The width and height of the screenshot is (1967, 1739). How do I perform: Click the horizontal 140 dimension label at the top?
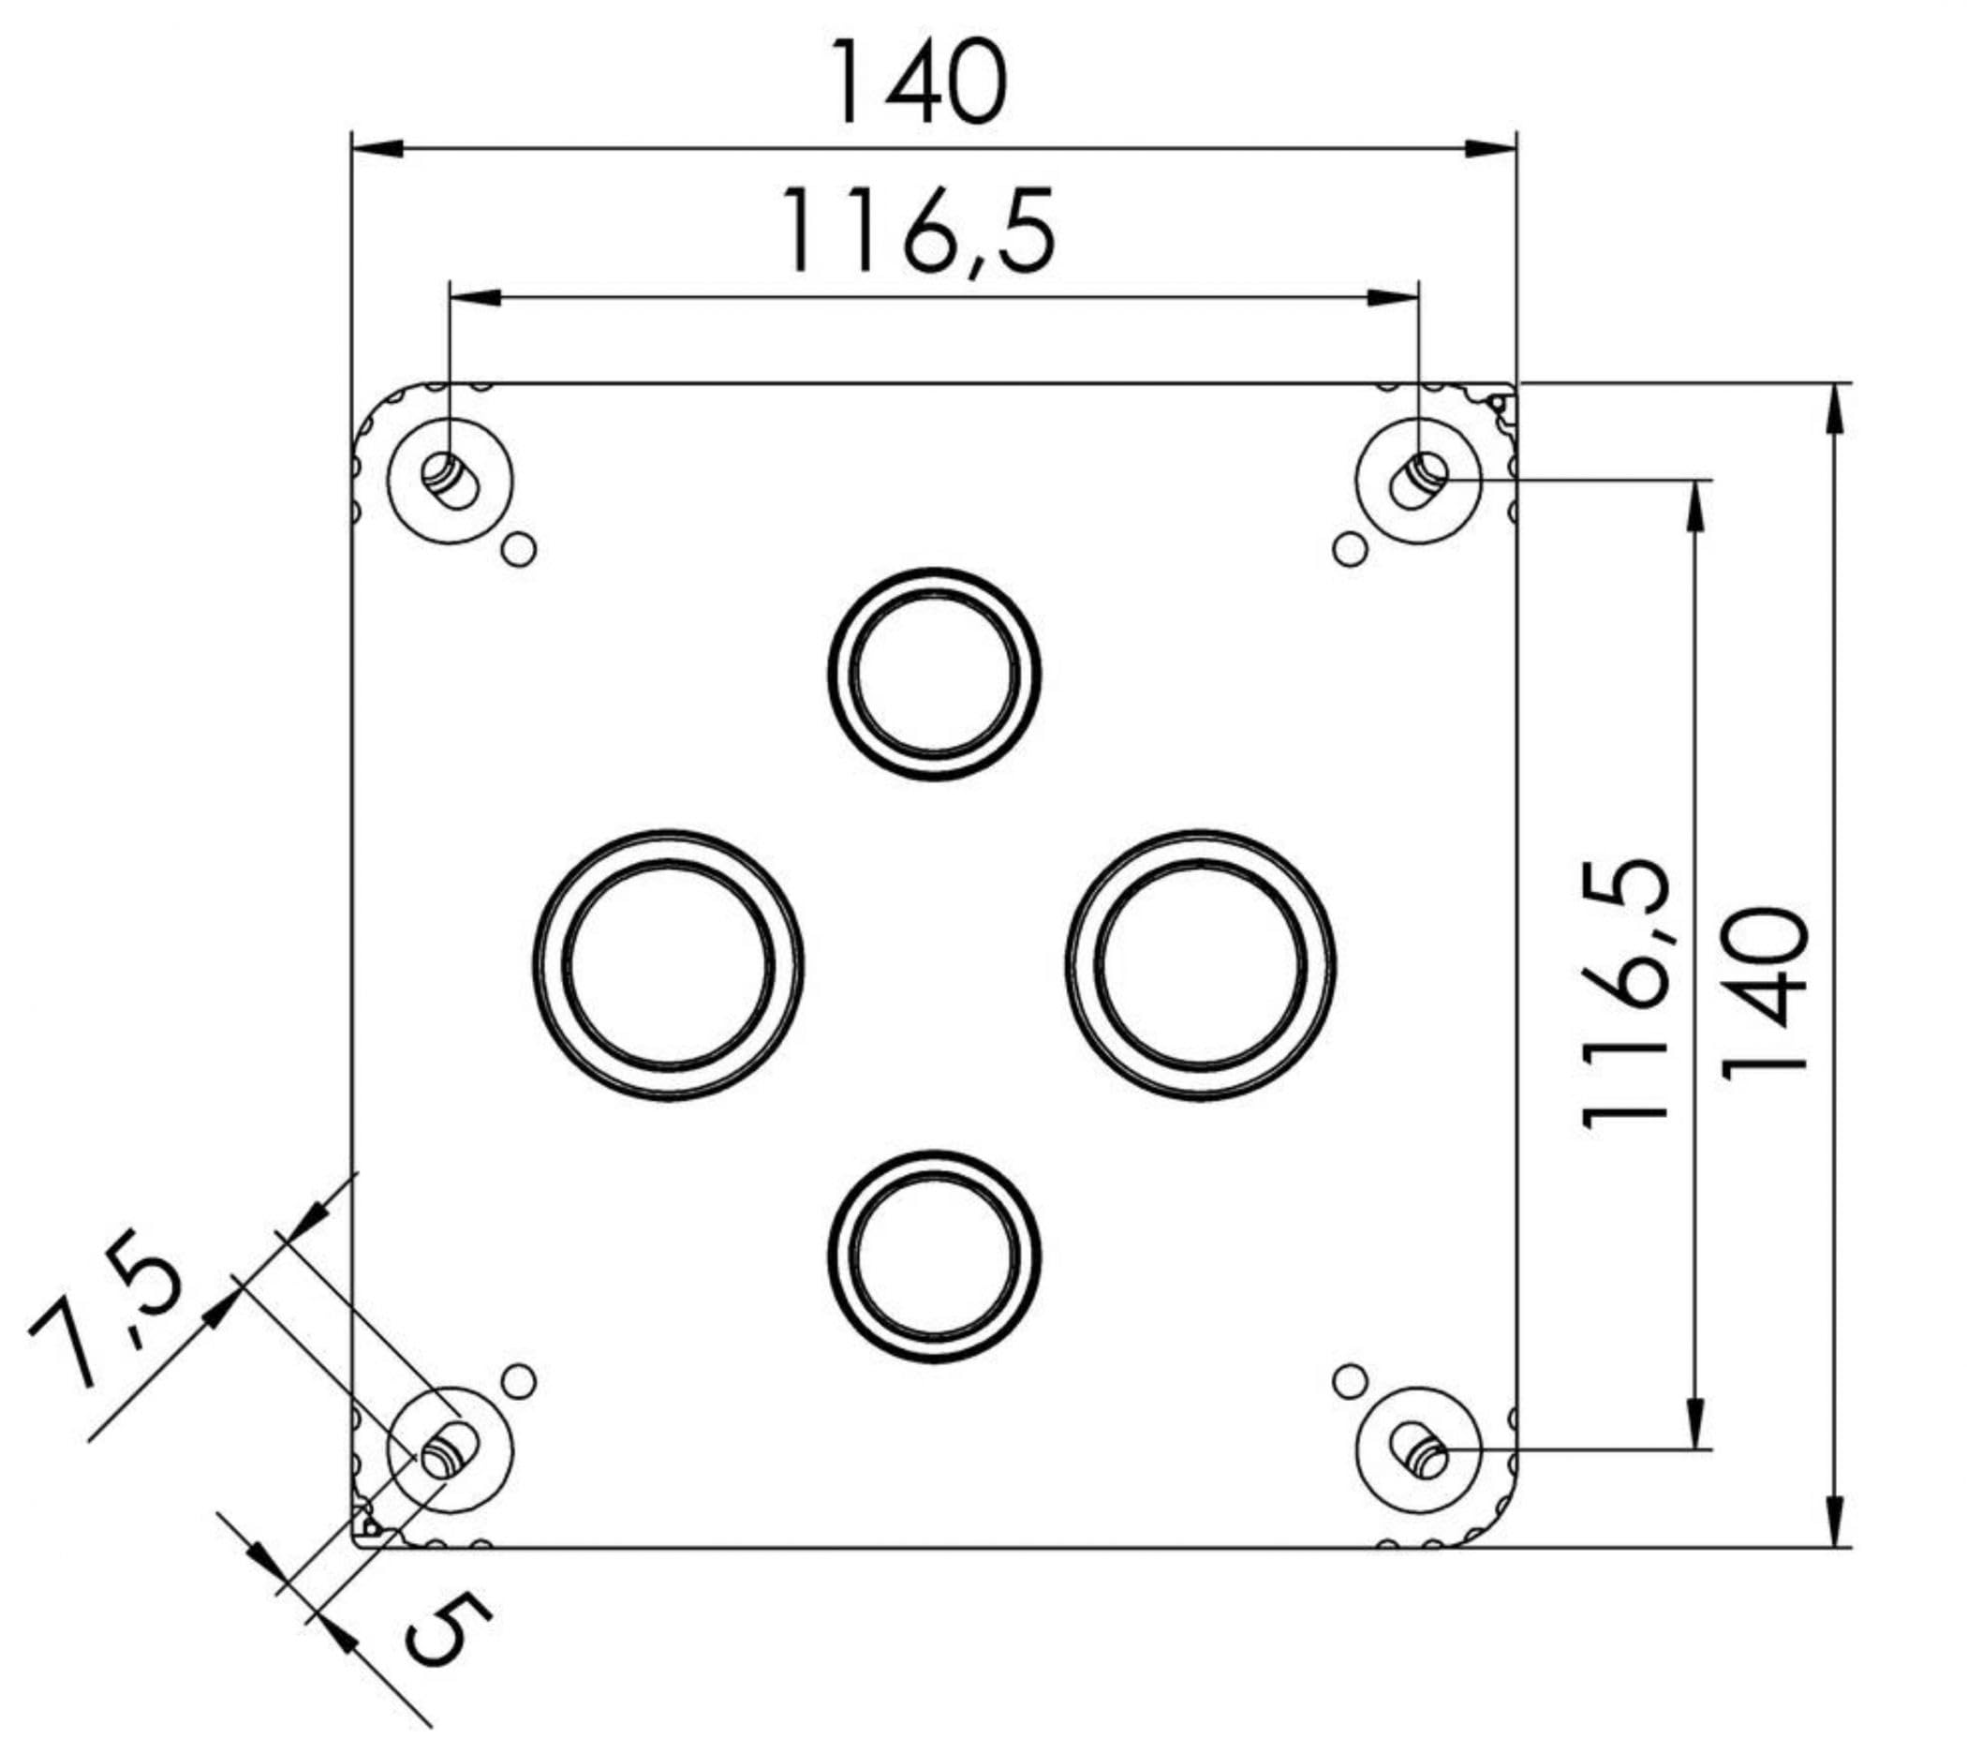click(920, 82)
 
